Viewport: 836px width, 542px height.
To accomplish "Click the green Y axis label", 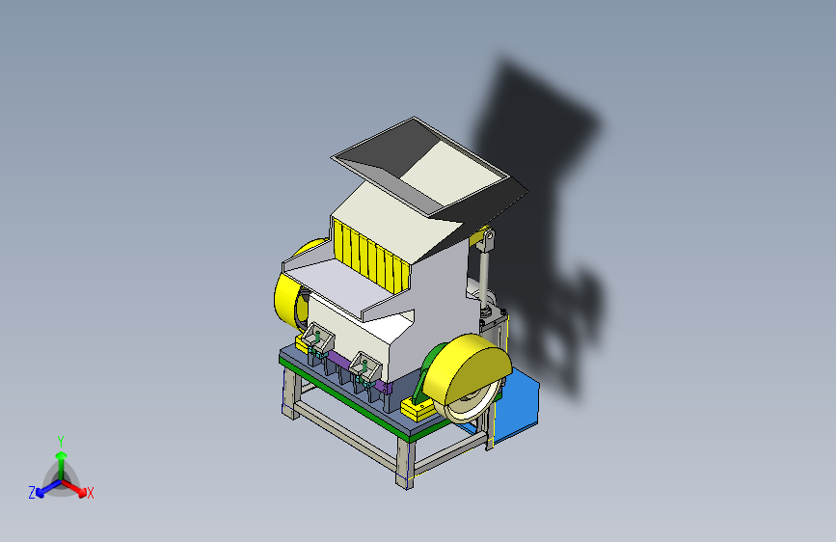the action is [x=61, y=442].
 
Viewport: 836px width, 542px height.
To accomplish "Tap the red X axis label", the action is [x=90, y=494].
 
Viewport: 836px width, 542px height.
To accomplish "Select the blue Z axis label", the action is [x=32, y=493].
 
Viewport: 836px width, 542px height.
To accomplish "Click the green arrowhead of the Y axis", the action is [x=62, y=455].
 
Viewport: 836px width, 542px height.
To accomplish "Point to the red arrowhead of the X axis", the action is [x=82, y=492].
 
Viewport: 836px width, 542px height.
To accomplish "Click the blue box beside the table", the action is [x=515, y=405].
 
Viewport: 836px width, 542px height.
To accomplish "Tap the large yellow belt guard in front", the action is [x=471, y=368].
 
